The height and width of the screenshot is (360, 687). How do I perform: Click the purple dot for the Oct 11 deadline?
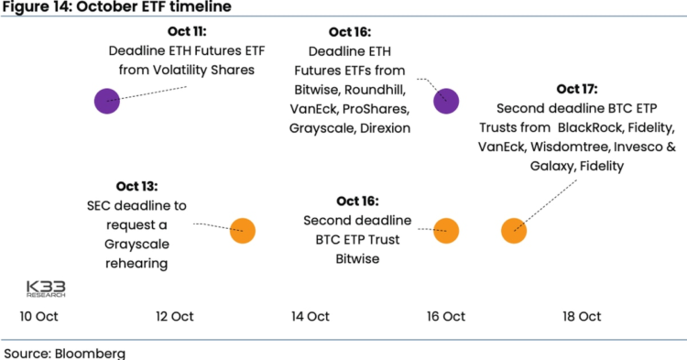[x=107, y=101]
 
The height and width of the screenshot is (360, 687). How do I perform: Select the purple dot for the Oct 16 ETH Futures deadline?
[x=446, y=101]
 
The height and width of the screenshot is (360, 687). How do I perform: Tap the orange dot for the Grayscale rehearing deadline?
[x=243, y=231]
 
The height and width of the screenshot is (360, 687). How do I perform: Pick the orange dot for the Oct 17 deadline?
[x=514, y=231]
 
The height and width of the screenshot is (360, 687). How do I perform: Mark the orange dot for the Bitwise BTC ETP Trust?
[x=446, y=231]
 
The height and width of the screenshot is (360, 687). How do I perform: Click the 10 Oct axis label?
[x=39, y=317]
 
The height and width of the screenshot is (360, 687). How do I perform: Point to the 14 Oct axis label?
[x=311, y=317]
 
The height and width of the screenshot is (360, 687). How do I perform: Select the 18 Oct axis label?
[x=582, y=317]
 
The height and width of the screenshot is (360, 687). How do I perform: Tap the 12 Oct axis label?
[x=175, y=317]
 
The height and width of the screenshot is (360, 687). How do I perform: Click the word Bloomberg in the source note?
[x=92, y=353]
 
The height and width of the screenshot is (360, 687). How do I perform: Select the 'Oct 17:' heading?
[x=576, y=89]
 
